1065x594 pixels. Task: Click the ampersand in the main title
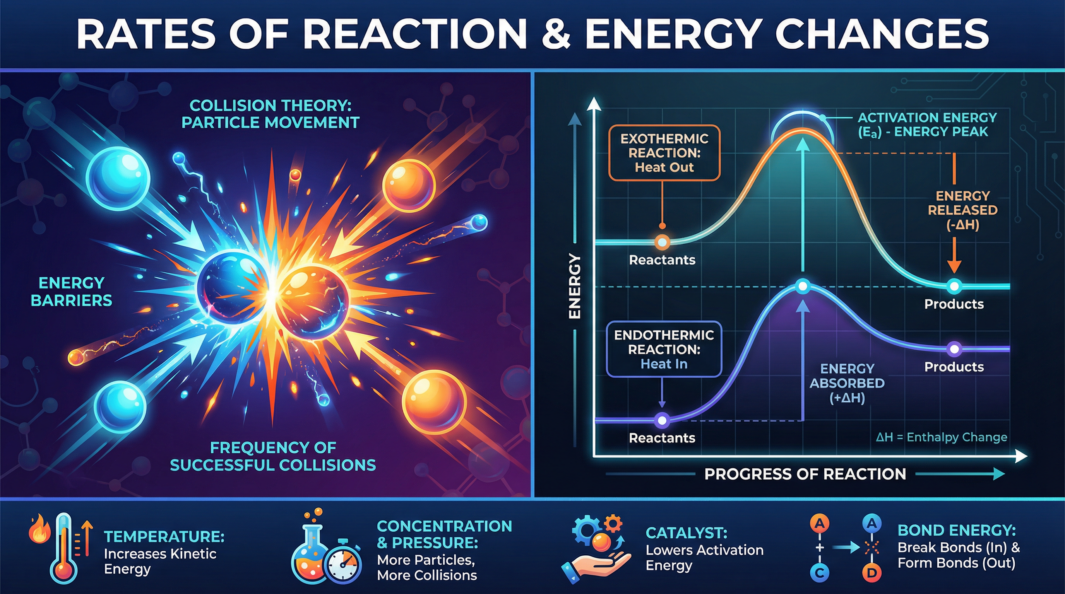[555, 34]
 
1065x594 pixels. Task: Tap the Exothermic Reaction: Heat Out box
[664, 153]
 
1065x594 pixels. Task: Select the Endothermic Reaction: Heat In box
[664, 349]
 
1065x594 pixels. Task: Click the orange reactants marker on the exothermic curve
[662, 242]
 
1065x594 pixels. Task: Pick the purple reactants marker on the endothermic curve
[662, 420]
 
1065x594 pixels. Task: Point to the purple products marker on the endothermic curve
[954, 349]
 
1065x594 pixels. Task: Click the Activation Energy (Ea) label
[927, 125]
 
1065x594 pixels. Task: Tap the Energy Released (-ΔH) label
[962, 210]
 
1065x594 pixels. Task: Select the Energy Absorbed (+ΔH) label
[847, 383]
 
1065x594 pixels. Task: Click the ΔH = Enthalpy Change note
[941, 437]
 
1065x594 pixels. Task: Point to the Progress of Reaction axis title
[805, 474]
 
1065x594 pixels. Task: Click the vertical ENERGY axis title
[575, 286]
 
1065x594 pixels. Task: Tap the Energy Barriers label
[72, 292]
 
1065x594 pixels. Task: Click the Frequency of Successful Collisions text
[273, 456]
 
